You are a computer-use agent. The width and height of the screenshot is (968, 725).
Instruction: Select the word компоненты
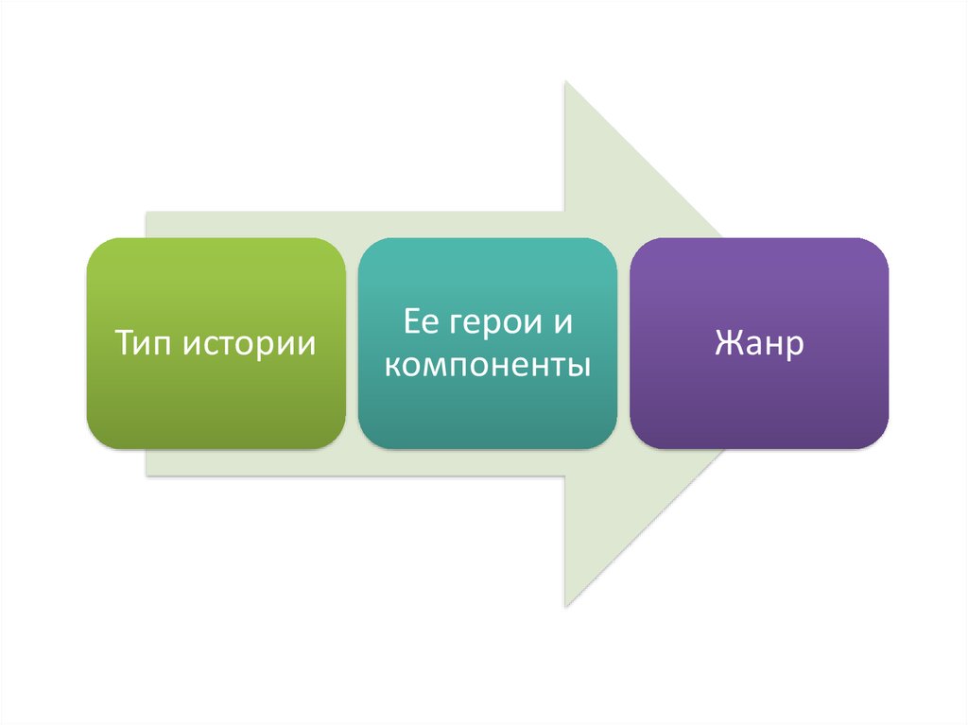click(x=487, y=364)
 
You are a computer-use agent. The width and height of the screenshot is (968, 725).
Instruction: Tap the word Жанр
click(x=759, y=342)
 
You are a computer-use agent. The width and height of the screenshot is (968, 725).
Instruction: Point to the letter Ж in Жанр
click(x=729, y=342)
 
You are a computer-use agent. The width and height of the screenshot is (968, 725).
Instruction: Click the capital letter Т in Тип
click(x=124, y=342)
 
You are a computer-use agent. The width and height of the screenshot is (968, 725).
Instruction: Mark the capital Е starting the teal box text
click(x=410, y=324)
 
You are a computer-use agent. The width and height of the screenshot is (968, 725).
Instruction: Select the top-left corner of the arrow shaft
click(x=147, y=214)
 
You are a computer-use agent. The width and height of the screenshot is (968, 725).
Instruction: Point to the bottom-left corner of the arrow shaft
click(x=147, y=475)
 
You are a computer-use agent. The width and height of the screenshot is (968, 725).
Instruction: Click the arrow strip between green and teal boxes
click(x=352, y=343)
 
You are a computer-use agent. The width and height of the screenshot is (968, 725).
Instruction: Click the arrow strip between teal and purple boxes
click(x=624, y=343)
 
